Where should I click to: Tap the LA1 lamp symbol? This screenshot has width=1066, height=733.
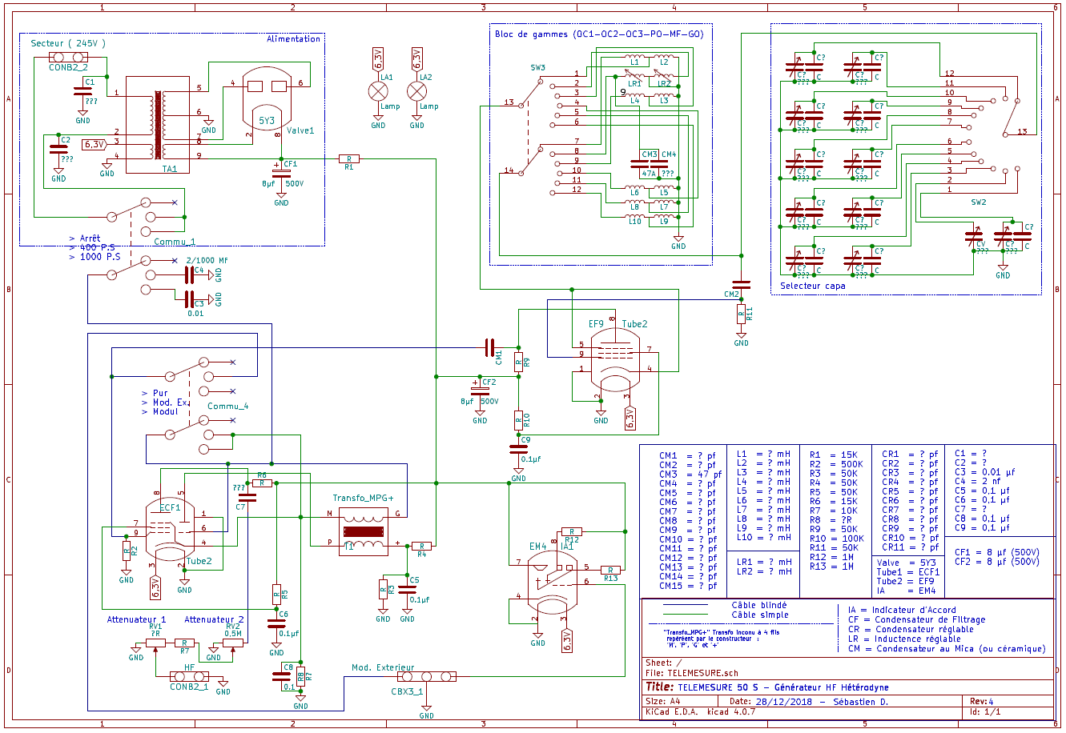click(378, 90)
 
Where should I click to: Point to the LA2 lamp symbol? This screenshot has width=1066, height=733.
click(416, 90)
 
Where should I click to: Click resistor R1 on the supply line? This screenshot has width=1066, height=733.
click(348, 159)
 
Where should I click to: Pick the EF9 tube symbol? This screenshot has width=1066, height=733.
click(613, 360)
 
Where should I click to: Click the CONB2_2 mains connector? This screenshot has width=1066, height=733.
click(68, 57)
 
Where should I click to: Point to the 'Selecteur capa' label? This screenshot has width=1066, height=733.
click(812, 286)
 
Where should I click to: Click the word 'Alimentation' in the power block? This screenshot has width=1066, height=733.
click(293, 38)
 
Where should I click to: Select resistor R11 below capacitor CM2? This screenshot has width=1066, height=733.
click(742, 314)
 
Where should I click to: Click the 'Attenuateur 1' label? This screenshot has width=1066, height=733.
click(136, 619)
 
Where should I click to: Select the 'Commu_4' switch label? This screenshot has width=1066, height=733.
click(227, 406)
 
